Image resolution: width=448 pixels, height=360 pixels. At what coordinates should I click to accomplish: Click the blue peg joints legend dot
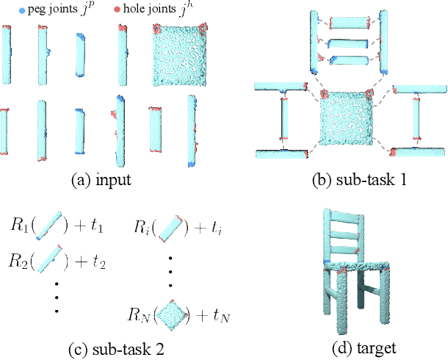[x=7, y=12]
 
